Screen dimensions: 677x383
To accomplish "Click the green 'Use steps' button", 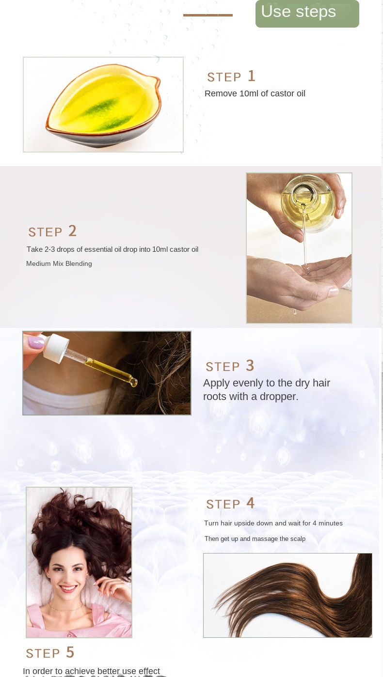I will click(307, 13).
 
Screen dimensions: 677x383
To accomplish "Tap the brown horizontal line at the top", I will click(207, 15).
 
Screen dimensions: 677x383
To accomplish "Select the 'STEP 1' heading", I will click(231, 77).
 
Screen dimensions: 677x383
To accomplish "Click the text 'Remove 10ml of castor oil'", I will click(255, 93).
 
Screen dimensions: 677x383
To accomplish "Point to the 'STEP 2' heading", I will click(52, 231).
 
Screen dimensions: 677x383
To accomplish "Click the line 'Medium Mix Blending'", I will click(59, 264).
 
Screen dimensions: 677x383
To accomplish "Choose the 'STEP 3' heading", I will click(230, 366).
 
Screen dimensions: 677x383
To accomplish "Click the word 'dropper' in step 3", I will click(279, 397).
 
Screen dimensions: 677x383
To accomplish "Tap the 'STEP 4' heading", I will click(230, 504).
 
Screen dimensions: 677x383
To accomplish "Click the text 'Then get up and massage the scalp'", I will click(255, 539).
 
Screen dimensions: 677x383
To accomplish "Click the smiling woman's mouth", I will click(68, 588).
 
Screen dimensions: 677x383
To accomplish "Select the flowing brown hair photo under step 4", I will click(287, 595).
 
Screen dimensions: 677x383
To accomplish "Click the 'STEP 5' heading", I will click(50, 653).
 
